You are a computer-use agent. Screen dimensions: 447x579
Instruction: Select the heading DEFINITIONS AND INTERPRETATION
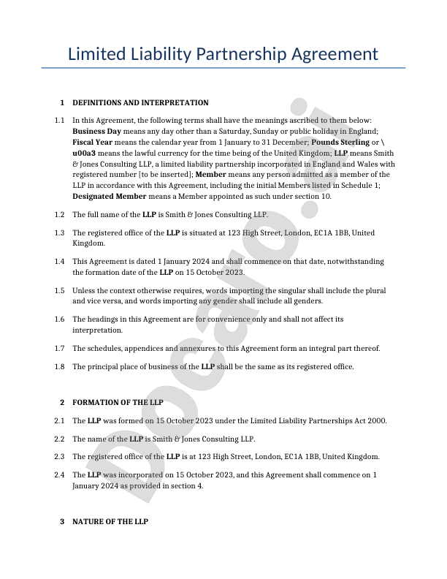(x=140, y=103)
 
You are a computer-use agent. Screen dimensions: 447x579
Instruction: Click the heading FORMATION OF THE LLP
(x=118, y=403)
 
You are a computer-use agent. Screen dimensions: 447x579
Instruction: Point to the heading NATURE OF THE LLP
(x=110, y=522)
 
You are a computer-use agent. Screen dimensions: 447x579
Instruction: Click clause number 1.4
(x=59, y=261)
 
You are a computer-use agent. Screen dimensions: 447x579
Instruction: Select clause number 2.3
(x=59, y=456)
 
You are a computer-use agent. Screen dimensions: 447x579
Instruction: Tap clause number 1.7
(x=59, y=348)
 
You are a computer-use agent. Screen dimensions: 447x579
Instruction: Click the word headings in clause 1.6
(x=104, y=319)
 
